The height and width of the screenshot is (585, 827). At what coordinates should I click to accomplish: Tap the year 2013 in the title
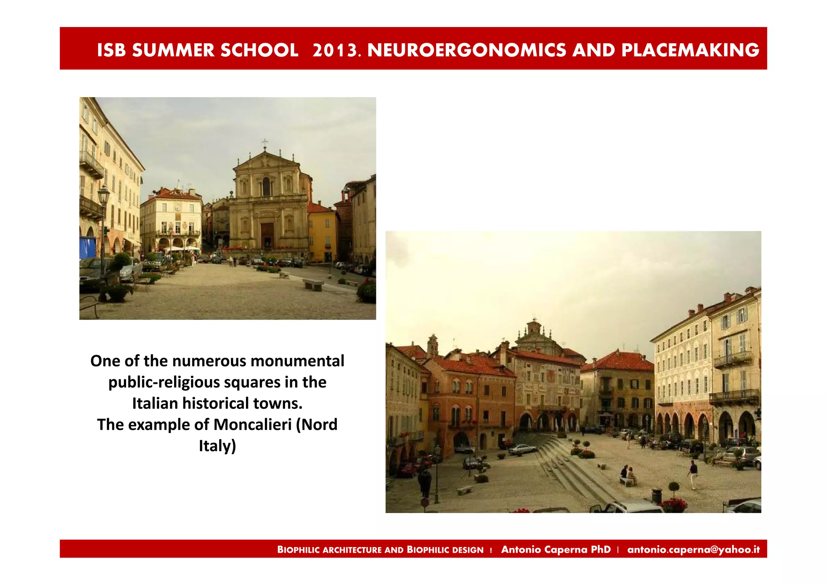pos(335,50)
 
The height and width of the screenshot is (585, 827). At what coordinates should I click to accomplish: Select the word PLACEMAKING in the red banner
pos(690,50)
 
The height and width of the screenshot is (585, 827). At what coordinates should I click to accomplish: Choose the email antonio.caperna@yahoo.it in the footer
pos(693,549)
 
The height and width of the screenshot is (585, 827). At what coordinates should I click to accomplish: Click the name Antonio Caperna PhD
pos(556,549)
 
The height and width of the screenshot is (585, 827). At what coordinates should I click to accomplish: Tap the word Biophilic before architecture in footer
pos(299,550)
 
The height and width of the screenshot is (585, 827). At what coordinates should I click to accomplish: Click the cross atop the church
pos(265,143)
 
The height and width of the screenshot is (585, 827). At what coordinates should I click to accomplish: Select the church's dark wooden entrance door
pos(267,235)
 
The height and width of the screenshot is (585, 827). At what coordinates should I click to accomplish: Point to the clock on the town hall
pos(178,208)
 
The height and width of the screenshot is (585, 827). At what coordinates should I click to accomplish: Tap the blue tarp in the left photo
pos(87,247)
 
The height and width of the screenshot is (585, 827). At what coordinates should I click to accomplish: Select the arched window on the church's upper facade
pos(267,186)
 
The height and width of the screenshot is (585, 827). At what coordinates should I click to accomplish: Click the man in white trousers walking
pos(693,474)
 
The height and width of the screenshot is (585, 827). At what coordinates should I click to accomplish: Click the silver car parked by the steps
pos(523,449)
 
